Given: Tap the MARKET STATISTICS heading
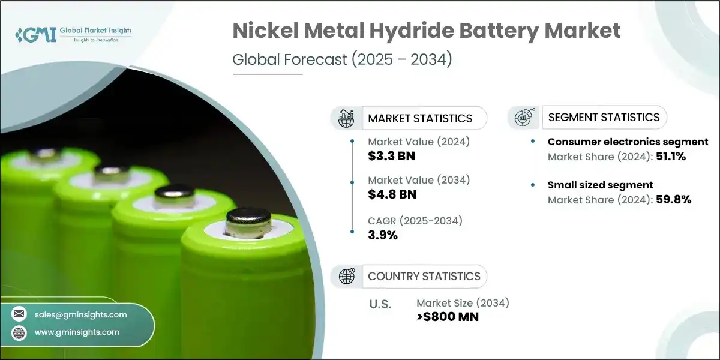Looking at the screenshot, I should click(x=420, y=118).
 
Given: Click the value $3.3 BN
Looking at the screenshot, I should click(x=391, y=157).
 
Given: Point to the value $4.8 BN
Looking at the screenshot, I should click(x=392, y=194).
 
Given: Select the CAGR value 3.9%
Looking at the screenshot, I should click(x=382, y=235).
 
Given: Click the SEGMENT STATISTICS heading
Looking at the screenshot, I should click(x=604, y=117).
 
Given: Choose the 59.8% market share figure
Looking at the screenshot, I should click(x=674, y=199).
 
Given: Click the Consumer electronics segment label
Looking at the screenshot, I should click(x=628, y=142).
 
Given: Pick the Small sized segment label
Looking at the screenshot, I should click(x=600, y=185).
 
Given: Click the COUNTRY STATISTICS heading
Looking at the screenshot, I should click(x=424, y=276).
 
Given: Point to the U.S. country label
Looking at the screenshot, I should click(x=380, y=304).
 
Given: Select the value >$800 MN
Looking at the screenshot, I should click(x=447, y=317).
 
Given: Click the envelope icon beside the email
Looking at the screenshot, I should click(x=20, y=314).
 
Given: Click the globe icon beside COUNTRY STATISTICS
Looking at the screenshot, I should click(x=346, y=276).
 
